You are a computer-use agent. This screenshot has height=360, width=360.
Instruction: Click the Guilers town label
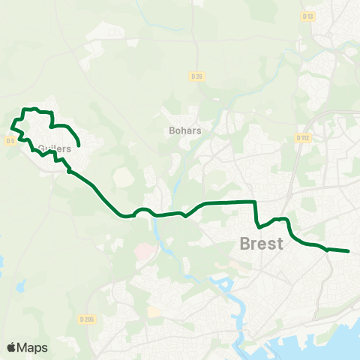pos(54,148)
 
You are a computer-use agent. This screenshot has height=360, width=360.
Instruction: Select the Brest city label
pos(261,244)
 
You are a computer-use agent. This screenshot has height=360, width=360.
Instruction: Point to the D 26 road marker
pos(196,76)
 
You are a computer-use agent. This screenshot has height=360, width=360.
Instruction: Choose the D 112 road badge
pos(302,138)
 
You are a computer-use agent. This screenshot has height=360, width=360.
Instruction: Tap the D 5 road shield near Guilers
pos(10,140)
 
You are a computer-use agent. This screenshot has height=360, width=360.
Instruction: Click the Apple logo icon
pos(11,347)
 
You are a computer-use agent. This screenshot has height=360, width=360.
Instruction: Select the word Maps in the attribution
pos(32,348)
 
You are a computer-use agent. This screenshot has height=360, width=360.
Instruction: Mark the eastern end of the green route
pos(349,251)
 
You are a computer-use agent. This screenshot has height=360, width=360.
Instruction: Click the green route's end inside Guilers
pos(79,145)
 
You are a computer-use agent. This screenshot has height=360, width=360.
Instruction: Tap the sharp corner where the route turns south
pos(256,202)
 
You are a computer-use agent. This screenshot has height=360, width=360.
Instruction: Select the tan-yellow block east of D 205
pos(154,311)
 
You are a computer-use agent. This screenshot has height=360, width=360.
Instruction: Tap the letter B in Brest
pos(245,244)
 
